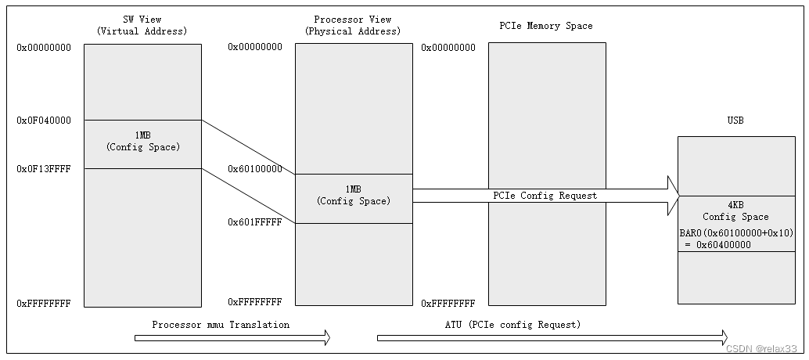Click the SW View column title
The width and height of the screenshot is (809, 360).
(x=142, y=25)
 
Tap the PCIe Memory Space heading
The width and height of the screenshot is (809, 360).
(x=546, y=26)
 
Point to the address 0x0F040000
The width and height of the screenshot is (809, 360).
(x=44, y=121)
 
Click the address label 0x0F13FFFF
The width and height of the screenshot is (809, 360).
(x=44, y=168)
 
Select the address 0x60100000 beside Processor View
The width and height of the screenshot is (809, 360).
(x=255, y=169)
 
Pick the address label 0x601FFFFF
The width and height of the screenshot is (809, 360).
(x=255, y=222)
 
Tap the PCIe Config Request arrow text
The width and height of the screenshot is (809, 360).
(x=545, y=196)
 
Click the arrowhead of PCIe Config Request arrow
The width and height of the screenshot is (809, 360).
(x=672, y=196)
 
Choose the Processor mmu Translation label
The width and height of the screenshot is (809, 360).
(x=221, y=325)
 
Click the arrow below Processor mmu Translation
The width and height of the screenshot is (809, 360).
(x=232, y=338)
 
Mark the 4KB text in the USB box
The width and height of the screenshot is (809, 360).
(x=735, y=205)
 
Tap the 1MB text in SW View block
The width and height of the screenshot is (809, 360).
(x=142, y=135)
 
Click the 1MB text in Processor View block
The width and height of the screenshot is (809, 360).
(x=353, y=189)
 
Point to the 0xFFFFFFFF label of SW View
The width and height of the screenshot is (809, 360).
(x=44, y=303)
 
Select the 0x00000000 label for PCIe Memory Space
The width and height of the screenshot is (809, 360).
(x=448, y=48)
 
